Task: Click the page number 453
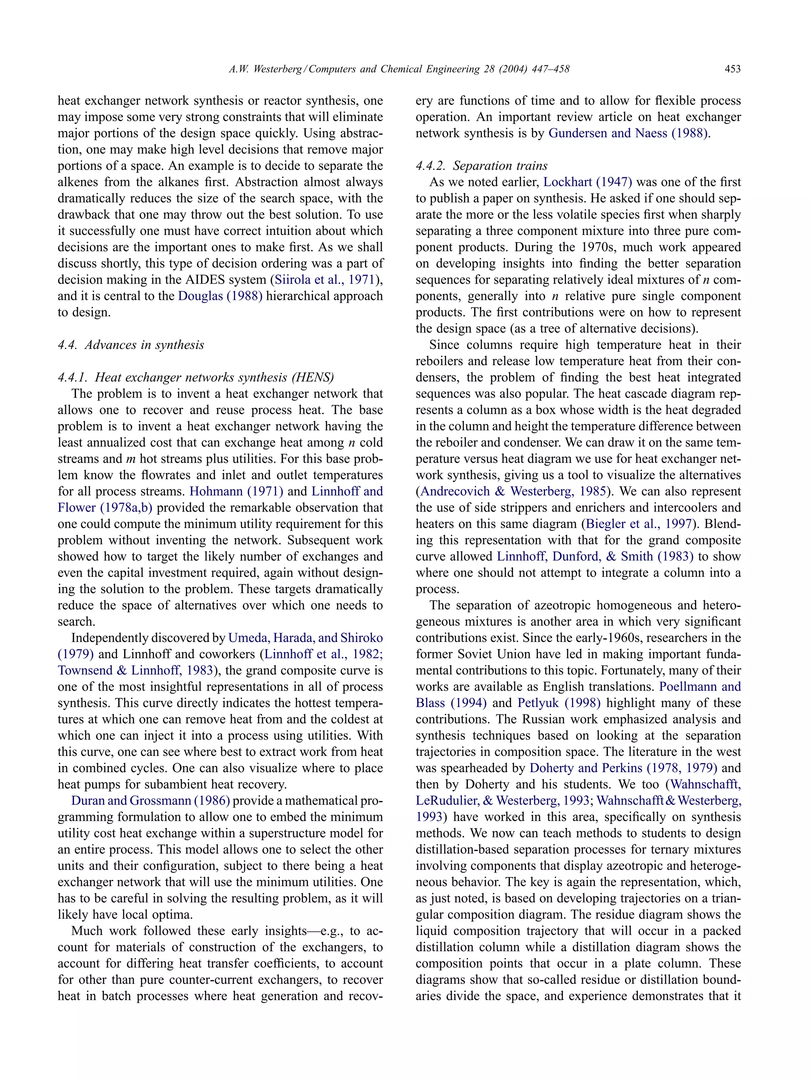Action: (732, 69)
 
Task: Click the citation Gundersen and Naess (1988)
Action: (629, 133)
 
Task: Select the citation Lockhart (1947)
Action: (587, 182)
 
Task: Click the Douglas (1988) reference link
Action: (220, 296)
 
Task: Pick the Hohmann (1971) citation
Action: (236, 491)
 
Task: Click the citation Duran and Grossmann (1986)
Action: (150, 801)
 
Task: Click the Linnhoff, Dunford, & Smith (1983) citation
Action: (595, 557)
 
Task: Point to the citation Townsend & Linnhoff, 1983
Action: (135, 671)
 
